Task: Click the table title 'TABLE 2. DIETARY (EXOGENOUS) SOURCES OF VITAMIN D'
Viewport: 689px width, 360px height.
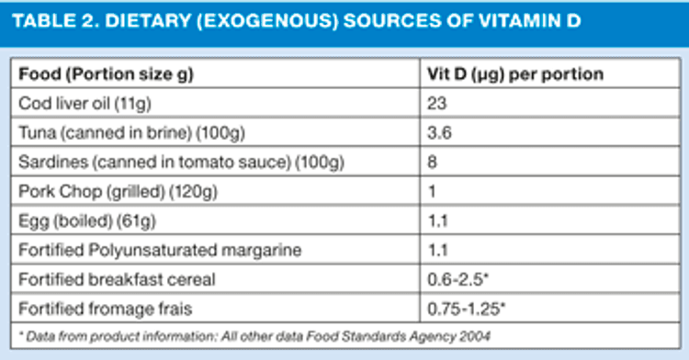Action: point(297,20)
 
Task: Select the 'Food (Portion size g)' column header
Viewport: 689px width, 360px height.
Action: point(106,74)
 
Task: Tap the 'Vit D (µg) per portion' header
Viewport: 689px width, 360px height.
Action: point(515,74)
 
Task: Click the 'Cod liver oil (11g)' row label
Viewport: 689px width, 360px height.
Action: point(85,104)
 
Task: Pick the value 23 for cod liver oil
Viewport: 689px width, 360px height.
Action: point(436,104)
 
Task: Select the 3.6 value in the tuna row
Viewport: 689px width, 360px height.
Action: point(439,133)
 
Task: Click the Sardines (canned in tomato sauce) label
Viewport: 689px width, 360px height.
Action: point(181,163)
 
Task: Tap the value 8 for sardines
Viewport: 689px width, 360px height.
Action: point(433,163)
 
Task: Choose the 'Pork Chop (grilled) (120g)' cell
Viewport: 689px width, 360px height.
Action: point(118,192)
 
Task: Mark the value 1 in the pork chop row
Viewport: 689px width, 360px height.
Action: point(432,192)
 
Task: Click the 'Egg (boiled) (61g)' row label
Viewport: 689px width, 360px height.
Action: point(87,221)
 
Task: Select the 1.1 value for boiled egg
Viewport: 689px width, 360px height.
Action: point(437,221)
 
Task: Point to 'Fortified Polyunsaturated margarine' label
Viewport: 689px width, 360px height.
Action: point(160,250)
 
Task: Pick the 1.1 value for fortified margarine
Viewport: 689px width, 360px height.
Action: point(437,250)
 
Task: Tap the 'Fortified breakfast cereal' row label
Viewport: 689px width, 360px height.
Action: point(117,280)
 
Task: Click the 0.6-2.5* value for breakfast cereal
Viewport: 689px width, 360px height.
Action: point(457,279)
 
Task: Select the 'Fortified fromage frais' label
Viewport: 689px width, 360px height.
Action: point(106,309)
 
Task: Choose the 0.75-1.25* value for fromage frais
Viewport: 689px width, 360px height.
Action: point(466,309)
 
